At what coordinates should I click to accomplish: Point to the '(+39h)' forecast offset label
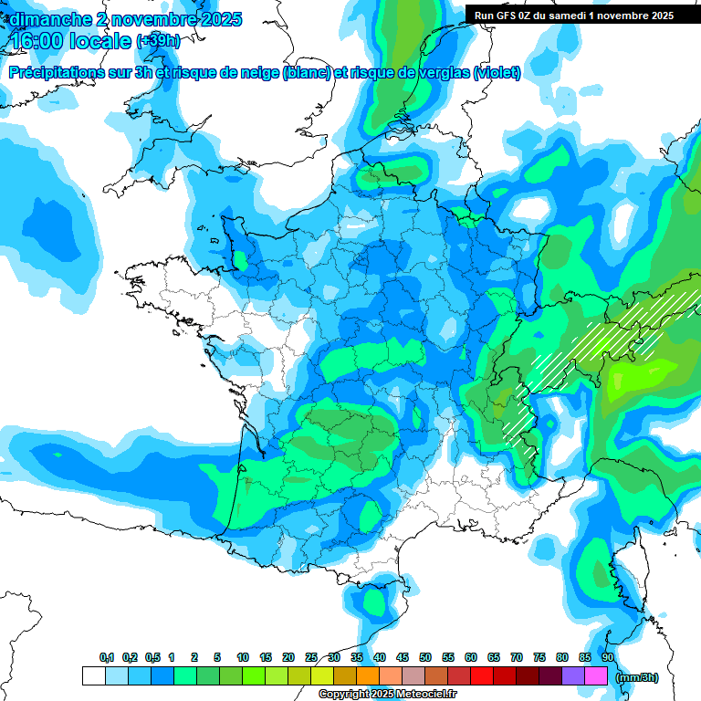pos(157,42)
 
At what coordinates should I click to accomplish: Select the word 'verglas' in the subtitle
pos(442,72)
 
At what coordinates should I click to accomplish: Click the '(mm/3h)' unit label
pos(635,677)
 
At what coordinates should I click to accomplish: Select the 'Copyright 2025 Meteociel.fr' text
pos(387,695)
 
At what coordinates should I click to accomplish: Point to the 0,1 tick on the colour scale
pos(107,658)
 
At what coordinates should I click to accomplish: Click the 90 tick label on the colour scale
pos(608,658)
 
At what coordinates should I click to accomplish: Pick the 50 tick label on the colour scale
pos(425,658)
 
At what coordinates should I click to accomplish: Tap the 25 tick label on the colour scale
pos(311,658)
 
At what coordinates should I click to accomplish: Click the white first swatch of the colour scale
pos(94,676)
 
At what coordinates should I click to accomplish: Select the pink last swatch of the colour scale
pos(596,676)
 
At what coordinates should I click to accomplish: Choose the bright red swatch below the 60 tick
pos(482,676)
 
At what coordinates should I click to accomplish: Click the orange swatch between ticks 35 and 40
pos(368,676)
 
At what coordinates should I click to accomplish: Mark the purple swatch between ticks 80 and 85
pos(573,676)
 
